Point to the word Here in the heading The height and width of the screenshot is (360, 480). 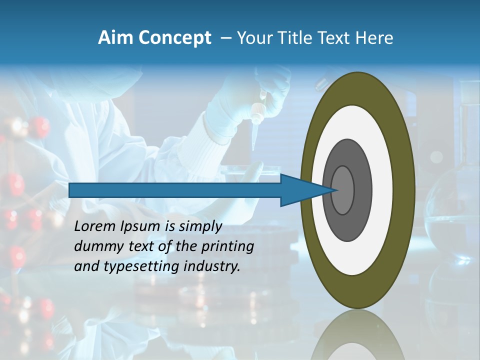374,38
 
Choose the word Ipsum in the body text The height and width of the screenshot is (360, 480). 140,227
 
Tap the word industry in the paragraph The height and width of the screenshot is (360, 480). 212,266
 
